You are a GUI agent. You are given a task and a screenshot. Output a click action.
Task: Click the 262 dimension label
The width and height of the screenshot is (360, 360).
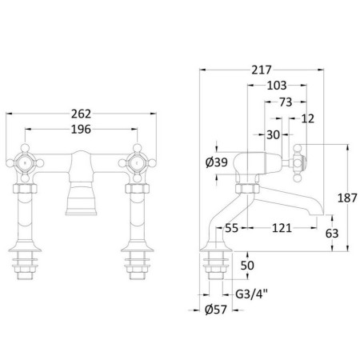pyautogui.click(x=81, y=114)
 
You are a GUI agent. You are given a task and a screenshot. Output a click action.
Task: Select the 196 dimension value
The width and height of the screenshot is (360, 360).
pyautogui.click(x=81, y=130)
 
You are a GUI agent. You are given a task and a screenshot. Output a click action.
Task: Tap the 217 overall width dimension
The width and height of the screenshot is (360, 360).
pyautogui.click(x=262, y=70)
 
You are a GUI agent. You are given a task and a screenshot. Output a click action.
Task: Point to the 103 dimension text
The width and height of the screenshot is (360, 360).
pyautogui.click(x=277, y=86)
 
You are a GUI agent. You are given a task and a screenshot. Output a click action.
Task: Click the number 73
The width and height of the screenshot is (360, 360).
pyautogui.click(x=286, y=102)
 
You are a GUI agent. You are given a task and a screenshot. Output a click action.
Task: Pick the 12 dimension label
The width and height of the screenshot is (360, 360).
pyautogui.click(x=308, y=118)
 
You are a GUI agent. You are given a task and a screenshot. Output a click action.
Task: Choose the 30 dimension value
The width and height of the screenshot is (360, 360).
pyautogui.click(x=273, y=135)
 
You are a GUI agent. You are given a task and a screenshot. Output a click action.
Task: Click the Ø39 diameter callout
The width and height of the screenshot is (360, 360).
pyautogui.click(x=217, y=162)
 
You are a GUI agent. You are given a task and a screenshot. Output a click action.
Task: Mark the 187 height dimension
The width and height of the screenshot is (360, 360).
pyautogui.click(x=347, y=198)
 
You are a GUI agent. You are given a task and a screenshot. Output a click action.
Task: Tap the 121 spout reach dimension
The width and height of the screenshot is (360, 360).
pyautogui.click(x=282, y=228)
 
